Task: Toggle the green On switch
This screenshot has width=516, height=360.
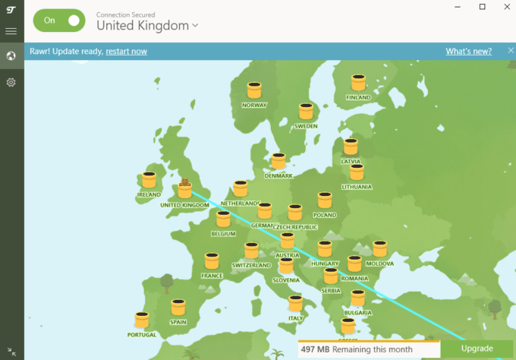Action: pos(59,21)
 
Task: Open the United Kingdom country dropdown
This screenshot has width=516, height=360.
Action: pos(147,25)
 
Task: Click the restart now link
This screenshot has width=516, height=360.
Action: pos(126,51)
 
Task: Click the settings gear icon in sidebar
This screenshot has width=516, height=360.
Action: pos(11,82)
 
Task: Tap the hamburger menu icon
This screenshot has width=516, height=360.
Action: pos(11,31)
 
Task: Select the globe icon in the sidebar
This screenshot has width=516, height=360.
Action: pos(11,55)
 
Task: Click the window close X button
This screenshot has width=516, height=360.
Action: pos(504,7)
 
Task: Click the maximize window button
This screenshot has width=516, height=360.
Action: pos(482,7)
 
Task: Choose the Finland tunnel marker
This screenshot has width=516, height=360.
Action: pos(358,82)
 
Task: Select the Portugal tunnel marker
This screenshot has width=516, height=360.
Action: pos(142,320)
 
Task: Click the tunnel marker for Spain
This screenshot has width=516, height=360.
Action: pos(178,308)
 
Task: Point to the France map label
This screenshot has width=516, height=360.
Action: pos(212,276)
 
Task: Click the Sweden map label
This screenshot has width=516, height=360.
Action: pos(306,126)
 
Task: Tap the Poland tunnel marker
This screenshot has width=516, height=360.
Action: pos(325,201)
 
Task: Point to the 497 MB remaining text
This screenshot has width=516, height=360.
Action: pos(355,349)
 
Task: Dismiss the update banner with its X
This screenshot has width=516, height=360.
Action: pos(510,51)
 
